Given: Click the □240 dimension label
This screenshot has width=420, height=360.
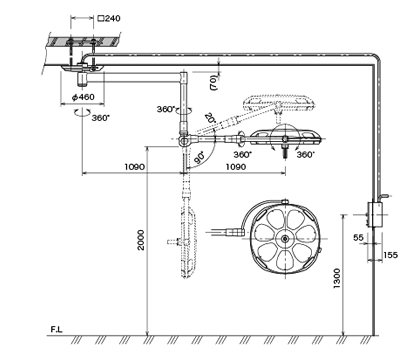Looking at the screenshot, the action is (x=109, y=18).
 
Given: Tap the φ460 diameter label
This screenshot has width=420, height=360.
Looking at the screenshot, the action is (x=83, y=97).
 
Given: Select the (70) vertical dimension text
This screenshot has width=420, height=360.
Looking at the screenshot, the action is (x=214, y=82).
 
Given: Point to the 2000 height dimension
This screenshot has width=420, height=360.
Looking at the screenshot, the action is (x=141, y=240).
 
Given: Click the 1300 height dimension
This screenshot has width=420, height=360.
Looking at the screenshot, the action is (x=337, y=278).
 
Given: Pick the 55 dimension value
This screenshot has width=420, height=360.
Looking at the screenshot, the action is (x=358, y=238).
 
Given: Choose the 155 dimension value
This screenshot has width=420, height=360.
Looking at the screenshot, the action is (x=390, y=255).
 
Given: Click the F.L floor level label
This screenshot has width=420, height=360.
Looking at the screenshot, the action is (x=56, y=329).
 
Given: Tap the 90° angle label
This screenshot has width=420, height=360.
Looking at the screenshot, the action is (x=199, y=158).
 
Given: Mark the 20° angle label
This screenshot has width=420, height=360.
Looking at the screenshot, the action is (x=210, y=118).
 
